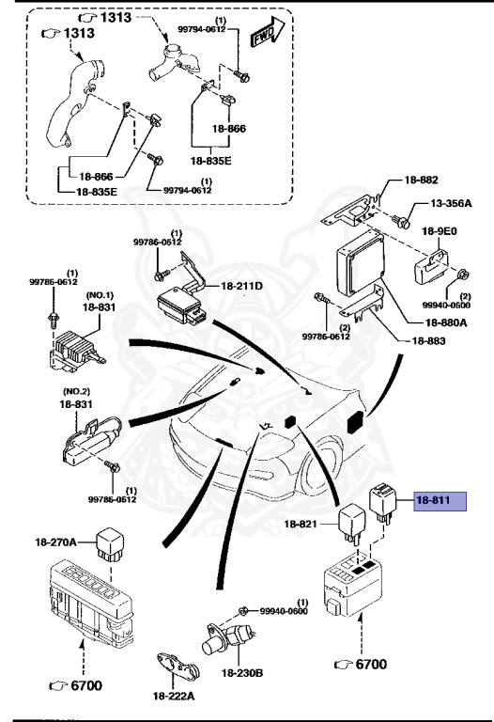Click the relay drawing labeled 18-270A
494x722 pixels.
pyautogui.click(x=116, y=542)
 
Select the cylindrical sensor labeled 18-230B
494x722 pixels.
pyautogui.click(x=221, y=641)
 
